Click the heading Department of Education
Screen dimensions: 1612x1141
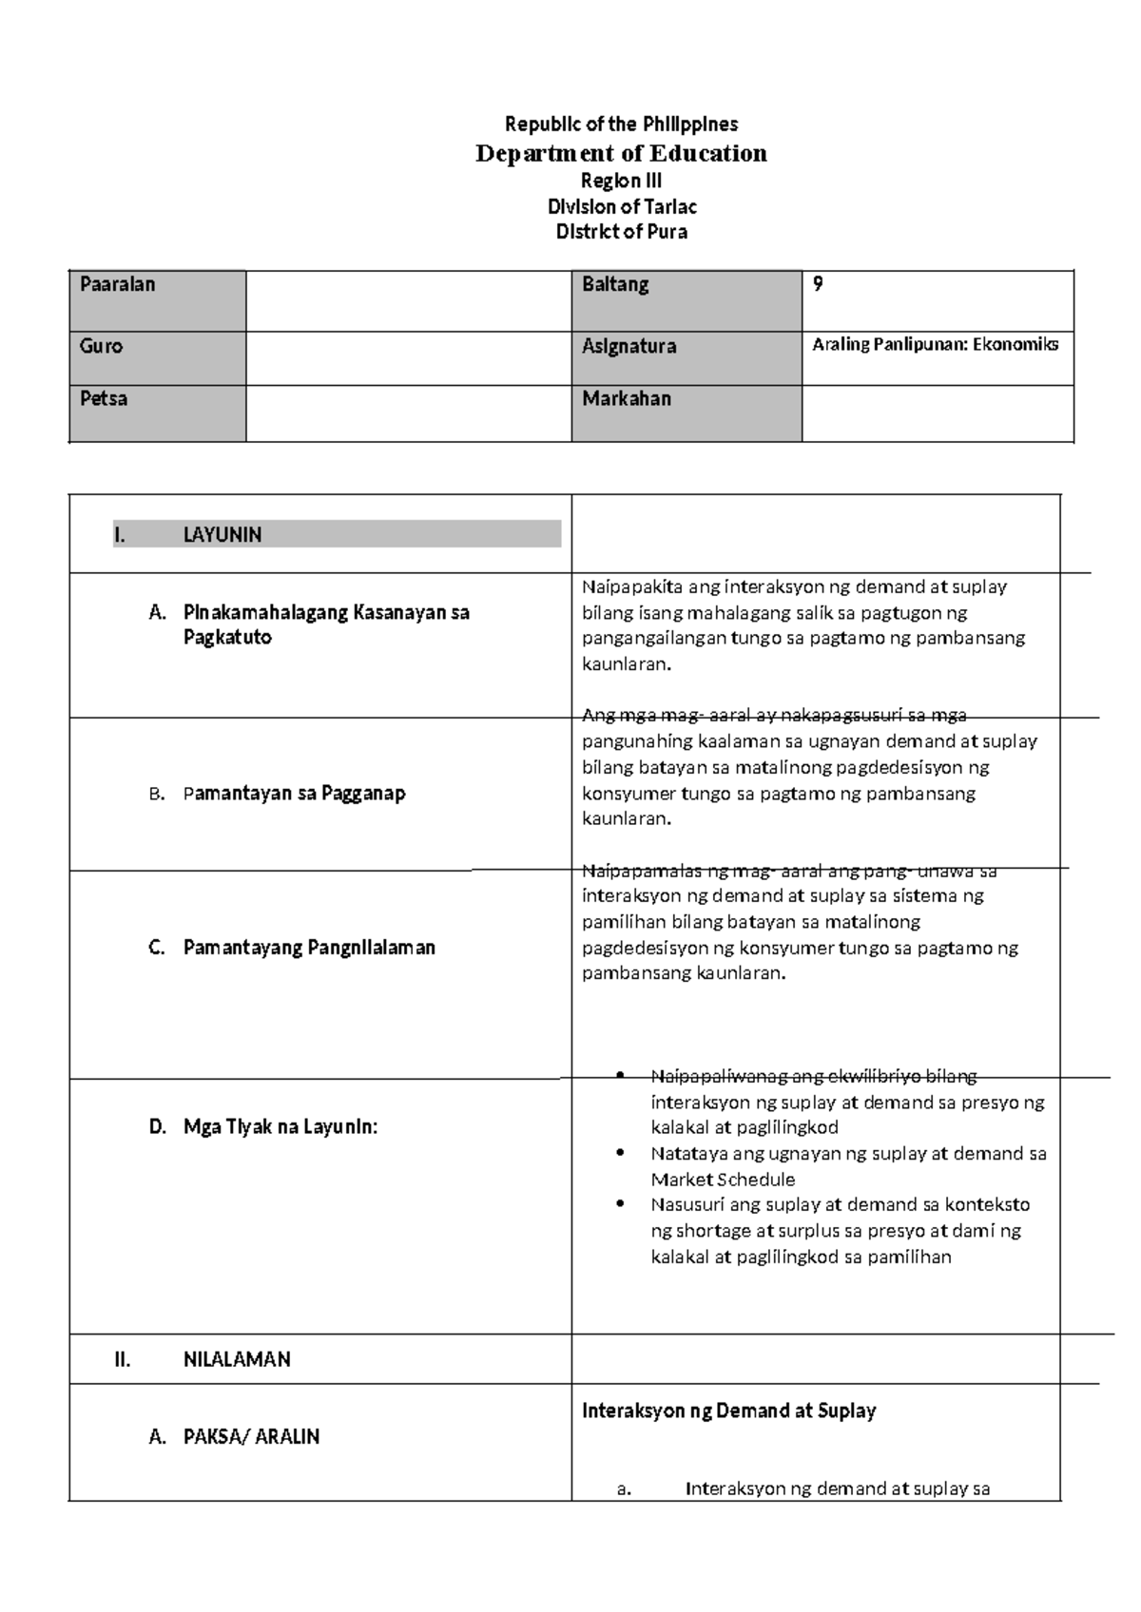coord(621,153)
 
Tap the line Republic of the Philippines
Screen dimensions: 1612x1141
coord(621,124)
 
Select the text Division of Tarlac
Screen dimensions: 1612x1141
coord(622,206)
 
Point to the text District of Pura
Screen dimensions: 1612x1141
coord(622,232)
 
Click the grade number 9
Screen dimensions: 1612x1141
coord(818,283)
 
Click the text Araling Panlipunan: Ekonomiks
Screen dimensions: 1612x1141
coord(935,344)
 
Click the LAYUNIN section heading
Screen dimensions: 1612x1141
coord(222,535)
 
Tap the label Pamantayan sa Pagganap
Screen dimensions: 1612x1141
coord(294,793)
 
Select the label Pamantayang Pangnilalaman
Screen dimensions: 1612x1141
coord(309,948)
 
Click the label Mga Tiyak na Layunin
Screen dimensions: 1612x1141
coord(280,1127)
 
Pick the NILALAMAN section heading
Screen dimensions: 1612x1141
coord(237,1359)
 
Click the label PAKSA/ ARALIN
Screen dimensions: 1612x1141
coord(251,1436)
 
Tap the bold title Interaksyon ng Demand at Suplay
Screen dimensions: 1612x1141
coord(728,1410)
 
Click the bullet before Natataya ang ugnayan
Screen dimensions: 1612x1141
coord(621,1154)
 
